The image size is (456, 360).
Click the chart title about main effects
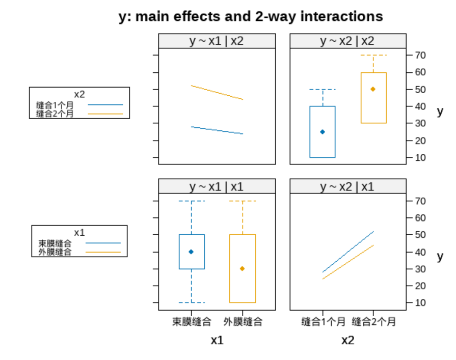click(x=251, y=16)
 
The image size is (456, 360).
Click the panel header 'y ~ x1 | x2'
click(x=217, y=41)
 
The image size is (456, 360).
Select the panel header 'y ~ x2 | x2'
click(x=347, y=41)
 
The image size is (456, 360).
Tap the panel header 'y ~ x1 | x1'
click(x=217, y=187)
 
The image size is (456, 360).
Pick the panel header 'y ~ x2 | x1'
click(x=347, y=187)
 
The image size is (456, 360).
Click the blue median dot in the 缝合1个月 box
click(x=323, y=132)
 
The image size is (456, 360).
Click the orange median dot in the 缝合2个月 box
click(x=373, y=89)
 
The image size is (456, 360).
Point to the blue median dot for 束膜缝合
click(x=191, y=252)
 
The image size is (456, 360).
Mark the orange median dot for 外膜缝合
click(x=242, y=268)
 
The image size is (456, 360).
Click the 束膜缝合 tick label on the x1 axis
click(x=192, y=322)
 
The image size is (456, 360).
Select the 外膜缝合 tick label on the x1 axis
click(x=243, y=322)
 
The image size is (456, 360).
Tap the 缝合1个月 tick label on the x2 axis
click(x=323, y=322)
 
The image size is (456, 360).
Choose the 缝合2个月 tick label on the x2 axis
click(x=373, y=322)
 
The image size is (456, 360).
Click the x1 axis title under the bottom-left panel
click(x=217, y=340)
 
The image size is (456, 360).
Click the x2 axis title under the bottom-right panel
click(x=347, y=340)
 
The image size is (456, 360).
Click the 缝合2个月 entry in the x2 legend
click(x=55, y=114)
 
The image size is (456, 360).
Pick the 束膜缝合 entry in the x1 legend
click(x=55, y=243)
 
